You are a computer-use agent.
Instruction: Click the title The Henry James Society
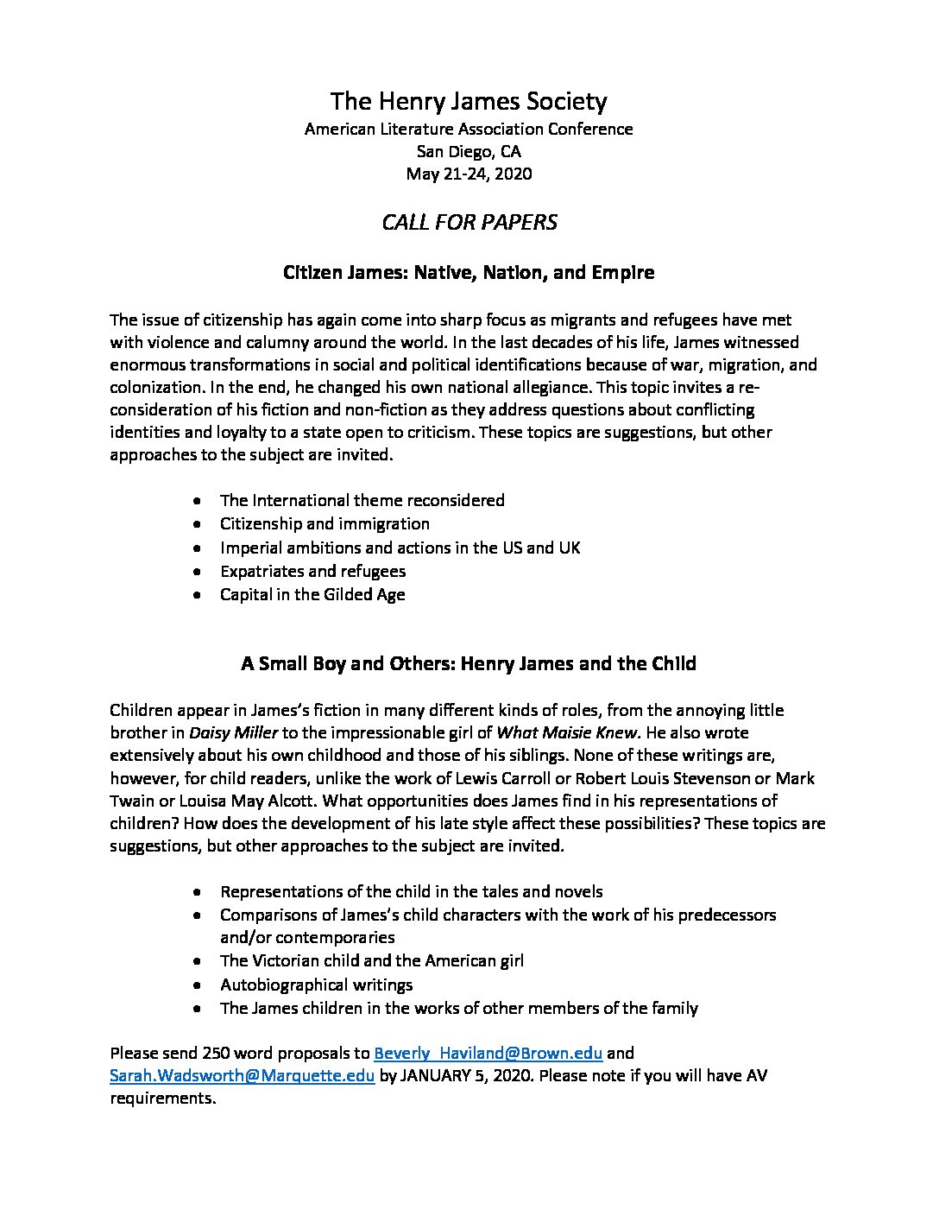coord(469,102)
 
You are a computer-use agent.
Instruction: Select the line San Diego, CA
coord(469,152)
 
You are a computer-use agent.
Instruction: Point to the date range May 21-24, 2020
coord(469,174)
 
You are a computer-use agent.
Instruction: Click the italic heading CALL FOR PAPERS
coord(469,222)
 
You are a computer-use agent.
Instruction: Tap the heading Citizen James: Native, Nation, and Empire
coord(469,273)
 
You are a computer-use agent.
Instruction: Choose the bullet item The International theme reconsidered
coord(362,500)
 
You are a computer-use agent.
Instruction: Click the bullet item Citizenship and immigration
coord(325,523)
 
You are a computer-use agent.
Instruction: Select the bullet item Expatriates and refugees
coord(312,571)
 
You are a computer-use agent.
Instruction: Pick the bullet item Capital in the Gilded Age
coord(312,594)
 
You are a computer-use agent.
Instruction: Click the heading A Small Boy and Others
coord(469,664)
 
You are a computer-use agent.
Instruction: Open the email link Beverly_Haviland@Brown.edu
coord(488,1053)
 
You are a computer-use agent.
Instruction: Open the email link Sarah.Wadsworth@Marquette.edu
coord(242,1076)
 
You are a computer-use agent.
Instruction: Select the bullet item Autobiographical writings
coord(316,985)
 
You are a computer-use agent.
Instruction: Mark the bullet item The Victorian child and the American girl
coord(371,960)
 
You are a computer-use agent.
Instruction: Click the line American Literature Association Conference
coord(469,130)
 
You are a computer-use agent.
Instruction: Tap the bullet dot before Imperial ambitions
coord(199,548)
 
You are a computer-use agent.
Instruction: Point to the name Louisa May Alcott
coord(237,801)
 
